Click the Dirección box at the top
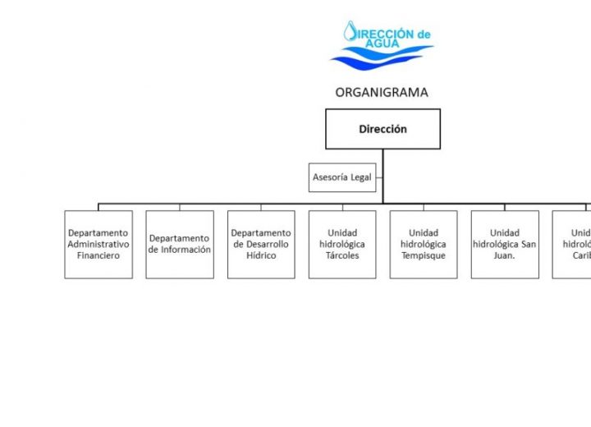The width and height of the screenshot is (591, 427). (383, 129)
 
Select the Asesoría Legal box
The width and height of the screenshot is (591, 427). (342, 177)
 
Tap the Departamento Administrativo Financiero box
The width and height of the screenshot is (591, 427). (98, 245)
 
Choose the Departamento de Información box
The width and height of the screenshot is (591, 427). (180, 245)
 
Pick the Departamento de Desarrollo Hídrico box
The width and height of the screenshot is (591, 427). (261, 245)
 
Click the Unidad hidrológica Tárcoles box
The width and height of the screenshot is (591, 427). (342, 245)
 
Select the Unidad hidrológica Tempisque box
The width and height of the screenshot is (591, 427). (424, 245)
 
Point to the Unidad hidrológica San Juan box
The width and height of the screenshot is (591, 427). (505, 245)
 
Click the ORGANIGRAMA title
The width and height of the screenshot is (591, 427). (382, 92)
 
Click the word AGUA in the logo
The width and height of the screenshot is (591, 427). (383, 43)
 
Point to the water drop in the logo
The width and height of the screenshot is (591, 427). (351, 31)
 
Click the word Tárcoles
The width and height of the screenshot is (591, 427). (342, 255)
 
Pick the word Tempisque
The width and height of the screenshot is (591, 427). (424, 255)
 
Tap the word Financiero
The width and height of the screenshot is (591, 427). (98, 255)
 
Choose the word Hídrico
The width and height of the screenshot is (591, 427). (261, 255)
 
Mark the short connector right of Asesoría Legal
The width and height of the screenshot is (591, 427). (379, 177)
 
